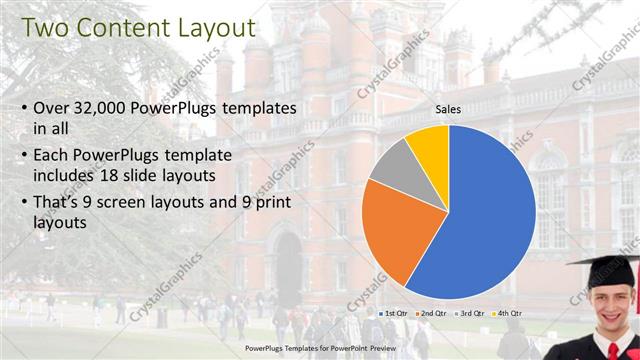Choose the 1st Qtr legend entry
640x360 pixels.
(x=392, y=313)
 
